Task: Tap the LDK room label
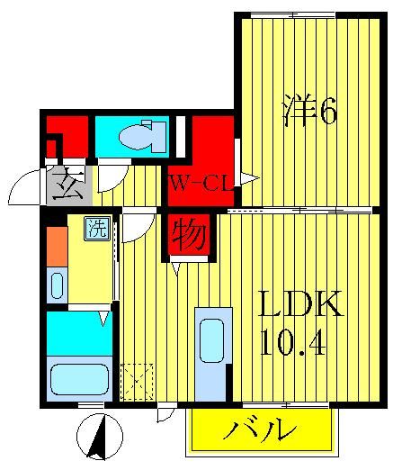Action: [x=300, y=306]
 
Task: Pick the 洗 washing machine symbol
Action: [x=95, y=229]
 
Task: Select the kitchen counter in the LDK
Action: [x=213, y=354]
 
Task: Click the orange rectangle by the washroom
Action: [x=56, y=247]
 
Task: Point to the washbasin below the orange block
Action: [x=56, y=286]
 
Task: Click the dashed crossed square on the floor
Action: [x=138, y=381]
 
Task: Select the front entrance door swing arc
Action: [x=23, y=187]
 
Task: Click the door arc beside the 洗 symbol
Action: [x=135, y=227]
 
